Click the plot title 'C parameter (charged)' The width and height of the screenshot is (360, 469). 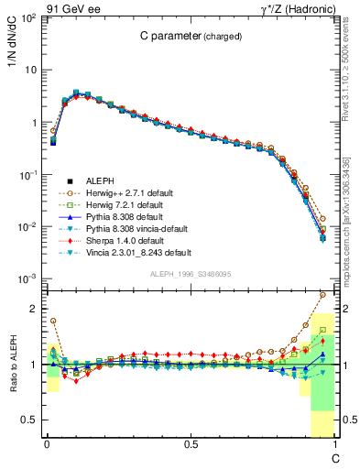tap(190, 38)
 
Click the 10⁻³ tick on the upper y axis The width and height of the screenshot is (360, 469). tap(30, 278)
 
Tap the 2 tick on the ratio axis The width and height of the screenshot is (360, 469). tap(34, 309)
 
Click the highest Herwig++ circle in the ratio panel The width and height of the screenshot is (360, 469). tap(322, 295)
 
